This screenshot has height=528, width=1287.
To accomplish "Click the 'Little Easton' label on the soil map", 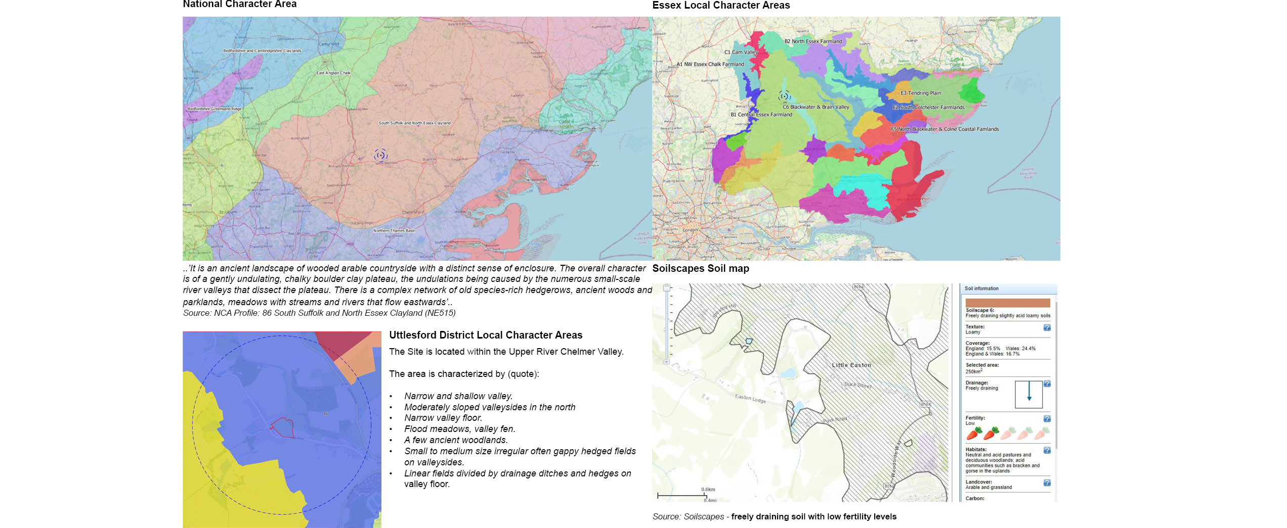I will point(851,365).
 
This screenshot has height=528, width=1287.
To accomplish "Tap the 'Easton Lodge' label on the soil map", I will point(750,399).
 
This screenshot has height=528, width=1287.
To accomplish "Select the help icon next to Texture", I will point(1047,327).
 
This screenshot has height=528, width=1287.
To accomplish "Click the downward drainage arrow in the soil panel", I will point(1028,392).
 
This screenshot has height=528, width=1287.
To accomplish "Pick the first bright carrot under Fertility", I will point(974,434).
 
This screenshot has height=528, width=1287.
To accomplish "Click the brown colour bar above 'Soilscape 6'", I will point(1007,302).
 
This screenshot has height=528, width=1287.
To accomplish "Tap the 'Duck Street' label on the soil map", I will point(857,385).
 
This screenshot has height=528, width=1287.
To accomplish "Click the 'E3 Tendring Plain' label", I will point(920,93).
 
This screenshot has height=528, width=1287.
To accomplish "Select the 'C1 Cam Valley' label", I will point(741,52).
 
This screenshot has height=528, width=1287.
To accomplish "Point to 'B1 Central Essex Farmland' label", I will point(761,115).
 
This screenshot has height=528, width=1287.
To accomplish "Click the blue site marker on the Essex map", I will point(784,96).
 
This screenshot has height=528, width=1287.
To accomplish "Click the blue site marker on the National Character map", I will point(380,155).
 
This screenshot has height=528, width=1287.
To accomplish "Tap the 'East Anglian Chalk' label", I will point(333,73).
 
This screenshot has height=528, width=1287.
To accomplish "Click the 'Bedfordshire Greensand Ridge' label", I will point(214,109).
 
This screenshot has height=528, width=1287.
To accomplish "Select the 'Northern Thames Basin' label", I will point(394,230).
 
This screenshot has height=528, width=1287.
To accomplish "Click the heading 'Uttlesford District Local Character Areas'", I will point(485,335).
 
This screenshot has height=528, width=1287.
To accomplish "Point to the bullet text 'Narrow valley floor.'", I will point(443,418).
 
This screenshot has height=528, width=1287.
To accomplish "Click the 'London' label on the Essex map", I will point(690,230).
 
